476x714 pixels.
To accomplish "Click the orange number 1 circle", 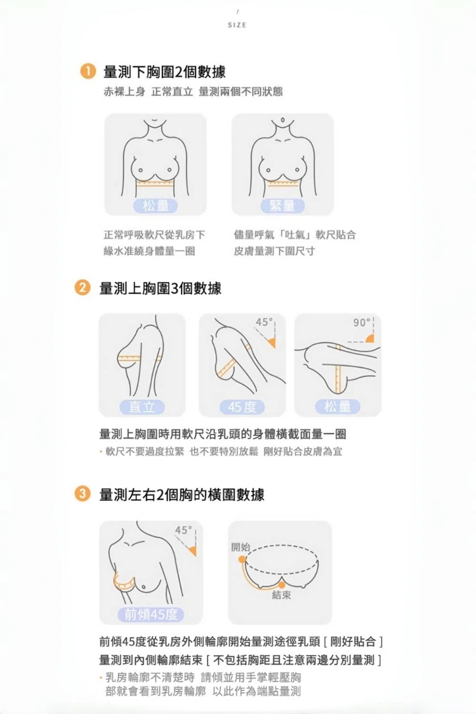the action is click(x=88, y=72).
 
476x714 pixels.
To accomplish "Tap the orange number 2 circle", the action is click(x=83, y=288).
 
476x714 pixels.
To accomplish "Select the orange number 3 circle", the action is click(x=83, y=494).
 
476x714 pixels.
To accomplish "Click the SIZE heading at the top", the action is click(x=237, y=25).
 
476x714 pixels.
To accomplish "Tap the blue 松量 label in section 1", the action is click(x=155, y=206).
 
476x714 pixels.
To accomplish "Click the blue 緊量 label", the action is click(x=282, y=206).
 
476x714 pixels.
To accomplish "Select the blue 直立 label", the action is click(x=142, y=407).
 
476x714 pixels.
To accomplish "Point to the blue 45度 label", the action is click(x=242, y=407).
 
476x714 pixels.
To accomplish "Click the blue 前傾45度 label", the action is click(x=151, y=615).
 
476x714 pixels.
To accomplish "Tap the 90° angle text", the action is click(x=362, y=322).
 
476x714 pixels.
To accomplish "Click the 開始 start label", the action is click(x=241, y=547).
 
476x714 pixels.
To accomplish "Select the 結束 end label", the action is click(x=281, y=595).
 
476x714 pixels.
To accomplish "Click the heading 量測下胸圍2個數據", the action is click(x=164, y=72).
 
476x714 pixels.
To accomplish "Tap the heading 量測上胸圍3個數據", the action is click(x=161, y=288).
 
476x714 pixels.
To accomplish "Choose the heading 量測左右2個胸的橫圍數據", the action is click(x=182, y=494).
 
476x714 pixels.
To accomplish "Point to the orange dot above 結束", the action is click(x=282, y=585).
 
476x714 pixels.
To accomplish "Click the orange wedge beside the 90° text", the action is click(x=370, y=338).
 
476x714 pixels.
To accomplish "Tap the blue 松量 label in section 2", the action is click(x=338, y=406).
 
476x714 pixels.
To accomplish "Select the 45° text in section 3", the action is click(x=183, y=531).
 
